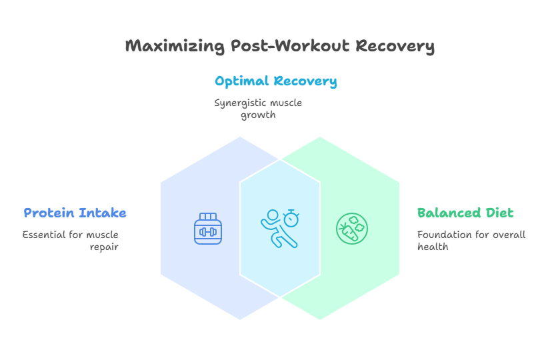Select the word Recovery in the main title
pos(395,46)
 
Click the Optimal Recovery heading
pos(275,81)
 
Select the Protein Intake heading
pos(75,213)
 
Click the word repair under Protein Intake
pos(104,247)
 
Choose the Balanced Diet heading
pos(465,213)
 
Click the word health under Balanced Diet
pos(433,247)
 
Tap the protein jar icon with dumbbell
pos(208,229)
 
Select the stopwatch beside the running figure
pos(291,217)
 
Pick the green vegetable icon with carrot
pos(352,229)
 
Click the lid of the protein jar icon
pos(208,217)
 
